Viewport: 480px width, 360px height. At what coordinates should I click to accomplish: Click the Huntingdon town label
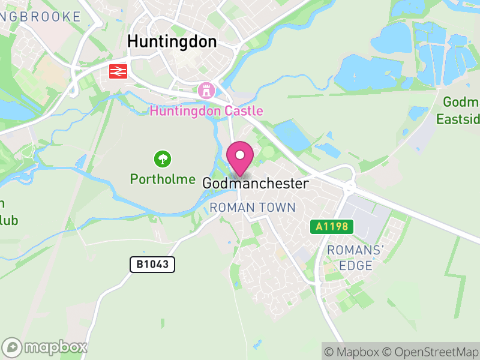172,41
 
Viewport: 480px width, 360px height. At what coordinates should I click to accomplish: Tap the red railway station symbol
118,71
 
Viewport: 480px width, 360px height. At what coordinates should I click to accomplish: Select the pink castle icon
206,91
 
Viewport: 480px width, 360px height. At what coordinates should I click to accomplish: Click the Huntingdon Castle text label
206,111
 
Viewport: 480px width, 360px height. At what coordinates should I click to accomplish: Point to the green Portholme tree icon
163,160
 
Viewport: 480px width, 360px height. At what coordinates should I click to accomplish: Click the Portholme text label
163,179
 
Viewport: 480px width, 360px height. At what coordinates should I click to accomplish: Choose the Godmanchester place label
256,184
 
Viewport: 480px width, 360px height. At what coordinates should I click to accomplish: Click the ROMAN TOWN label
253,208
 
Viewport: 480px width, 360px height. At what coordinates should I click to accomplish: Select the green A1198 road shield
332,227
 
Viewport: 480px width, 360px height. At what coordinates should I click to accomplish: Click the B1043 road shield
152,264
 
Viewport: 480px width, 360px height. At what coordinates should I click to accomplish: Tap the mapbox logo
45,347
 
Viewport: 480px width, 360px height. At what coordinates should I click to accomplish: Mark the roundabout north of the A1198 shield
349,188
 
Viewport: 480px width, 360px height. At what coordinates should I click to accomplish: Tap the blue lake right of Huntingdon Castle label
291,134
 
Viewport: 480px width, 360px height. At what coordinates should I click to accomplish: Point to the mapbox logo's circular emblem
12,347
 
